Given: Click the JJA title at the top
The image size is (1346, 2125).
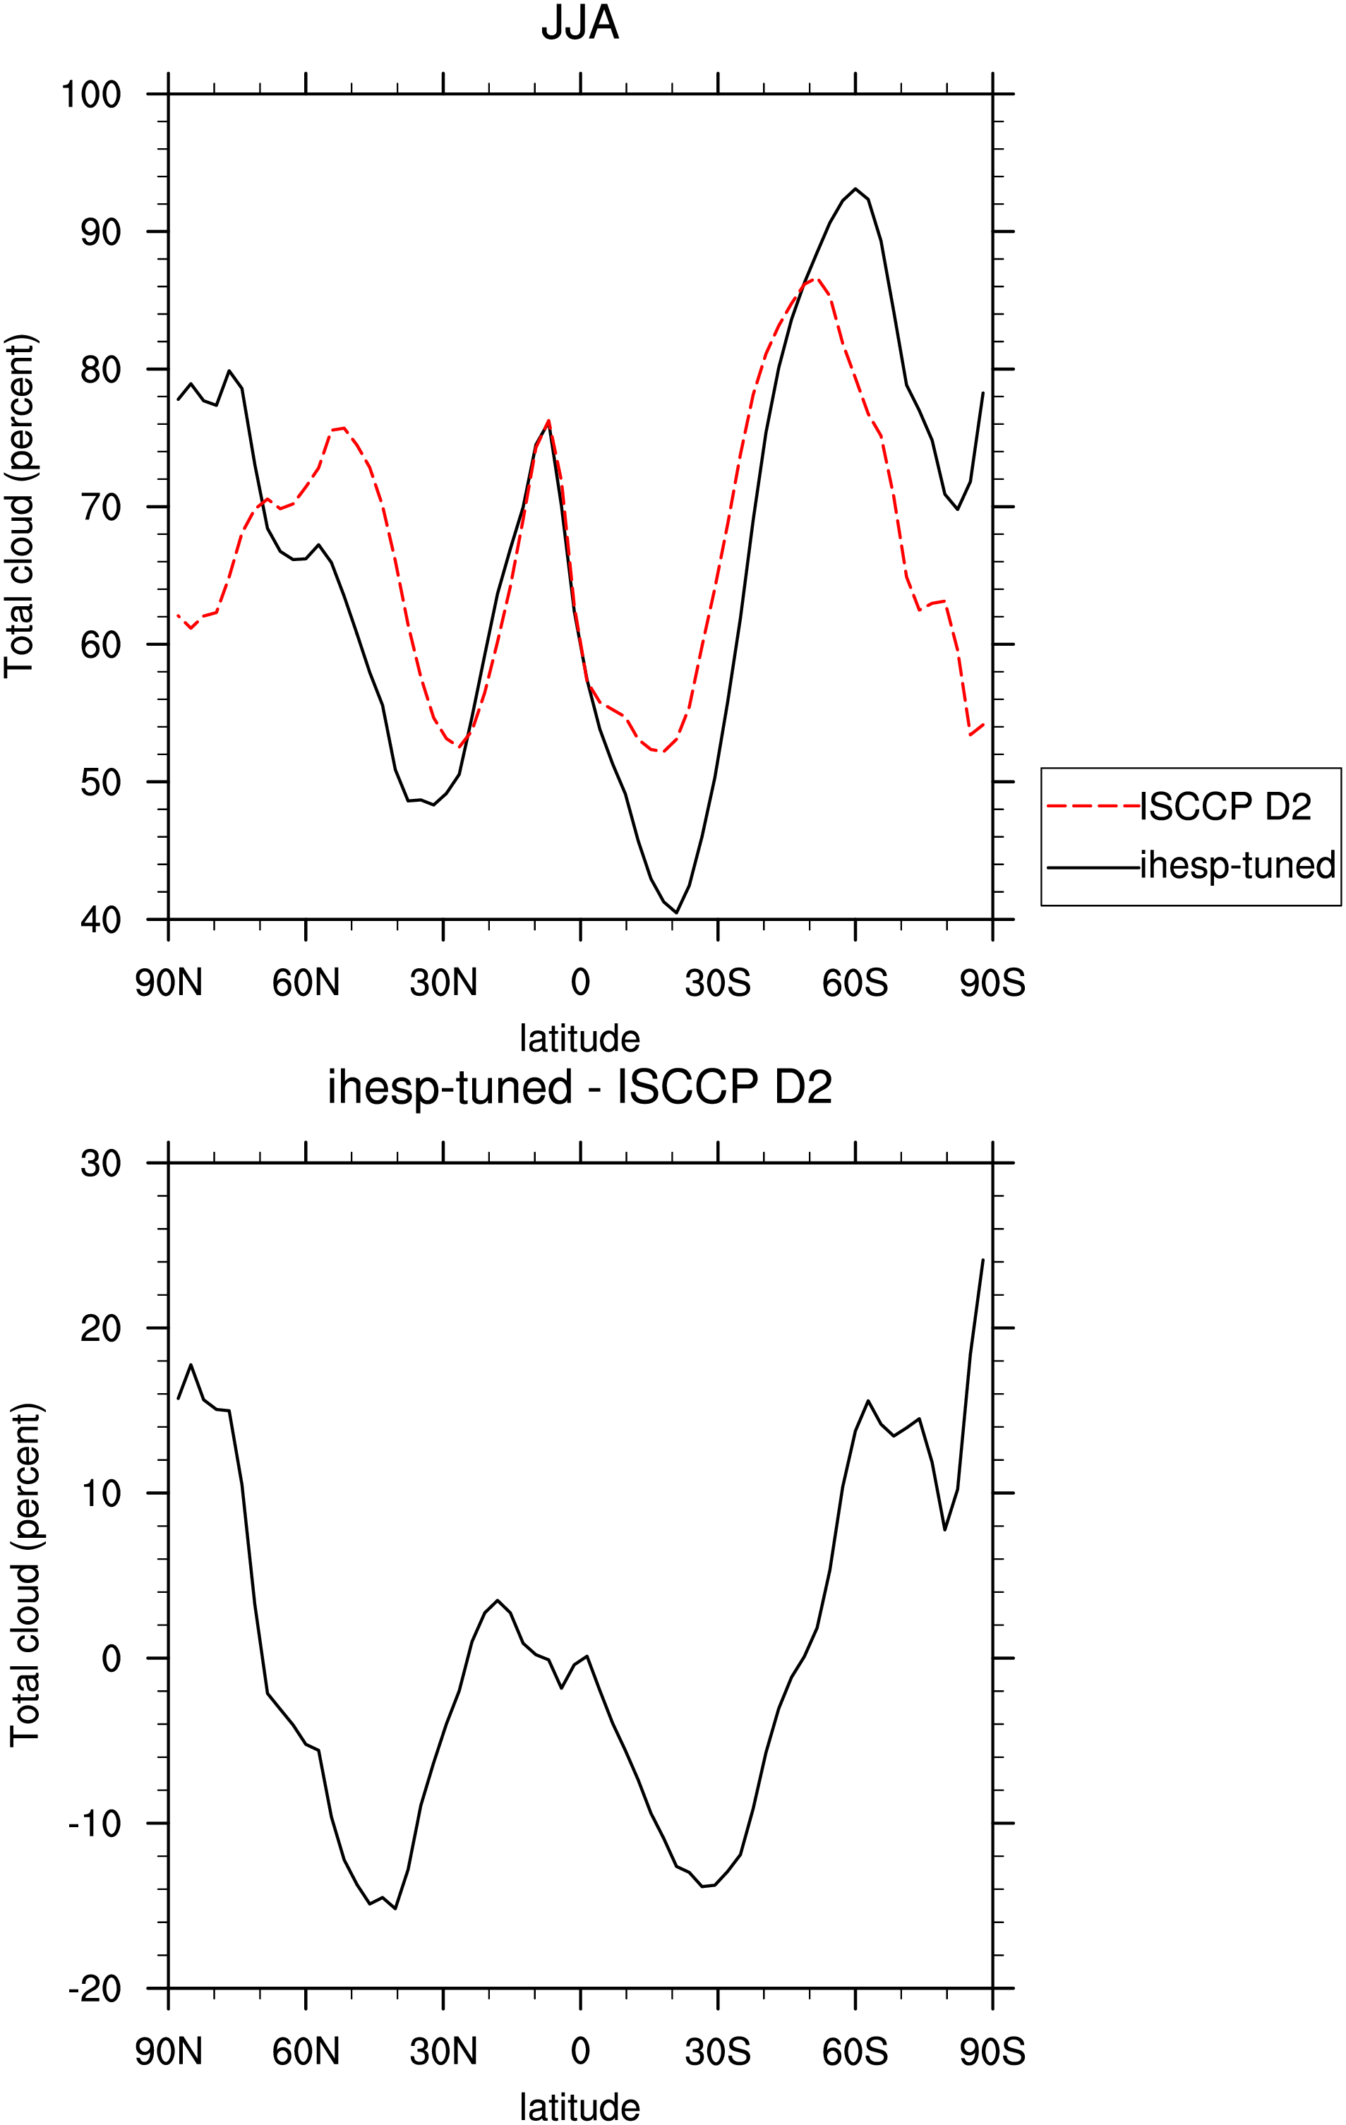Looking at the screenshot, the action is tap(580, 23).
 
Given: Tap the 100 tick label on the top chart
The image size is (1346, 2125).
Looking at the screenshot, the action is tap(91, 95).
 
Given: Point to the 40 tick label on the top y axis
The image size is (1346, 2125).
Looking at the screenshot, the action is tap(101, 920).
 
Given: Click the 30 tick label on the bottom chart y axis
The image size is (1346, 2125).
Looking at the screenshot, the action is tap(101, 1164).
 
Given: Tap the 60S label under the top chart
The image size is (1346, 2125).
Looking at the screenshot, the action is tap(854, 983).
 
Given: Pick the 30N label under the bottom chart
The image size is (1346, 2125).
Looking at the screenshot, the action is tap(443, 2052).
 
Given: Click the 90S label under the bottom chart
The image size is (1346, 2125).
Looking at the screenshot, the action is tap(992, 2052).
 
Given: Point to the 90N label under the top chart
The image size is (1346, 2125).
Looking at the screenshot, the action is tap(169, 983).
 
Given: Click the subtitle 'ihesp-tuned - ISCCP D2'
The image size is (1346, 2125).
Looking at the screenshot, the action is tap(580, 1088).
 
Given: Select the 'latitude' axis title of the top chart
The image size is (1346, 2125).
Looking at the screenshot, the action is tap(580, 1039).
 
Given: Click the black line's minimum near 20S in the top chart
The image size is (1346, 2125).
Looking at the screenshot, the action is tap(676, 913).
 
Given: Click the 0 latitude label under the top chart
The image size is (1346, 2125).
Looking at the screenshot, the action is tap(580, 983).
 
